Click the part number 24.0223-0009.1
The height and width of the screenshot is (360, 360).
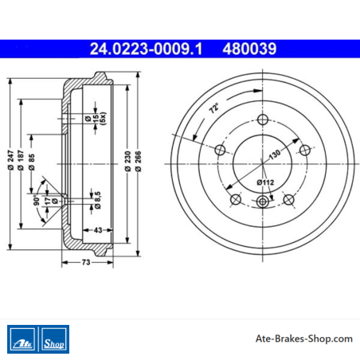coord(146,49)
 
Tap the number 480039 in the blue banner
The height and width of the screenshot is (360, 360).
coord(249,49)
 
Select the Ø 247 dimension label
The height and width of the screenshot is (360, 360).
coord(10,160)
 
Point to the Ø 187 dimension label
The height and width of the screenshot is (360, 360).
coord(21,160)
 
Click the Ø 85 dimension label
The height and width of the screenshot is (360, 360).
coord(31,162)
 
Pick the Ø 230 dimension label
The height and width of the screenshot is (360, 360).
coord(127,161)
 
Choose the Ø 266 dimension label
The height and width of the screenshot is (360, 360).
coord(138,161)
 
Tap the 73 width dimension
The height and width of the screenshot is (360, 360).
coord(86,262)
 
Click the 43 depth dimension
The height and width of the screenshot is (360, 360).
coord(98,230)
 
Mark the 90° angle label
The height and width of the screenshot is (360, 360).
coord(37,201)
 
